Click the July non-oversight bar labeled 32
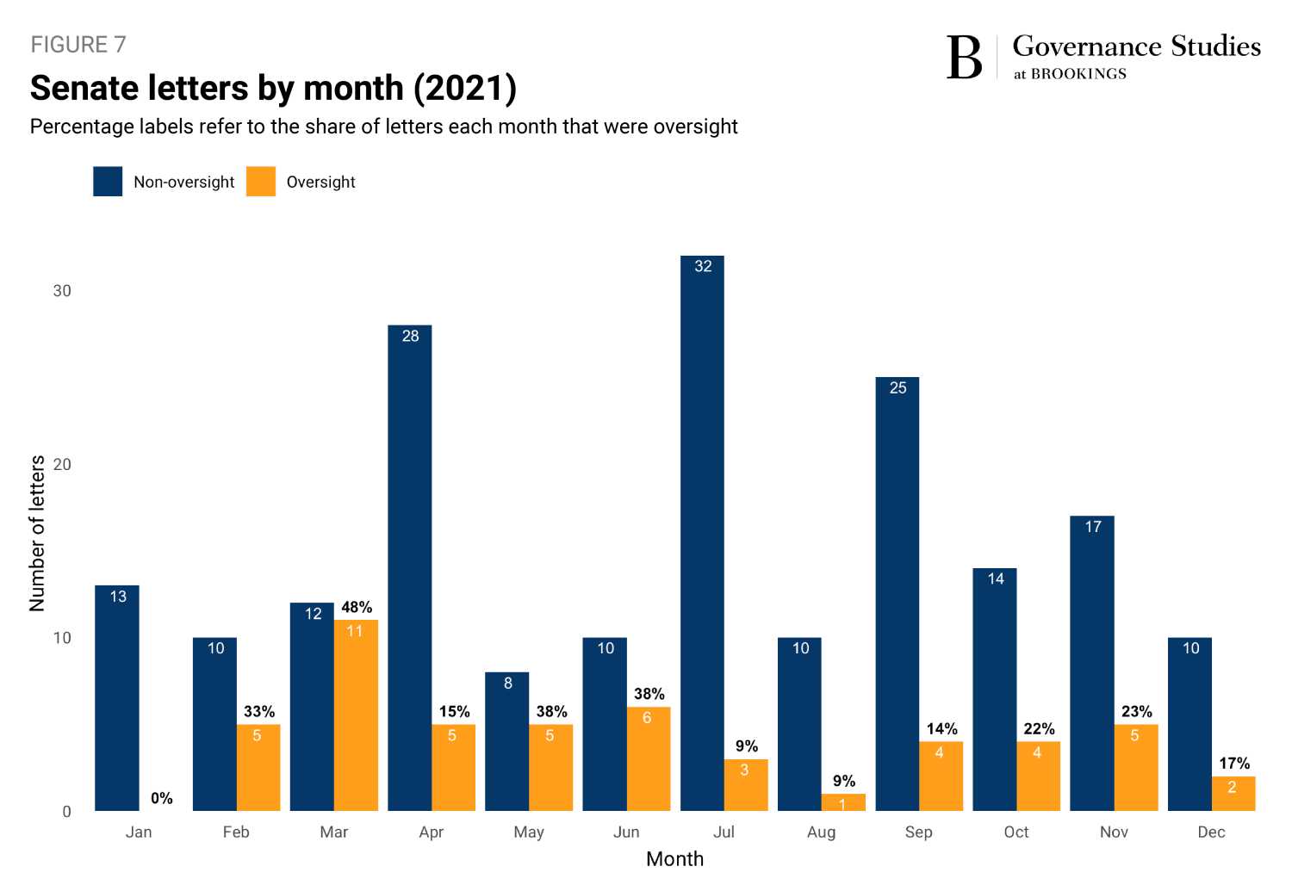[702, 534]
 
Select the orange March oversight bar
[356, 715]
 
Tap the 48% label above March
[357, 607]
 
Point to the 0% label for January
[161, 798]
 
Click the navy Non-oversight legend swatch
[108, 182]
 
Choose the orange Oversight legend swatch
[261, 182]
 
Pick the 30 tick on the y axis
[62, 291]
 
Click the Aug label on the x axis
[821, 832]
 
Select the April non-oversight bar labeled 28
[410, 568]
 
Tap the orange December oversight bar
[1233, 794]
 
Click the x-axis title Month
[674, 859]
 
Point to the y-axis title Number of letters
[37, 534]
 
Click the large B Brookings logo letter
[964, 58]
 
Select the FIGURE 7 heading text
[78, 45]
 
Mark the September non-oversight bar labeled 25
[898, 594]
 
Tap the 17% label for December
[1233, 763]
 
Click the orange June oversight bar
[649, 759]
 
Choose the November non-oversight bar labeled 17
[1092, 663]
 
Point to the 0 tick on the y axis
[66, 812]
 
